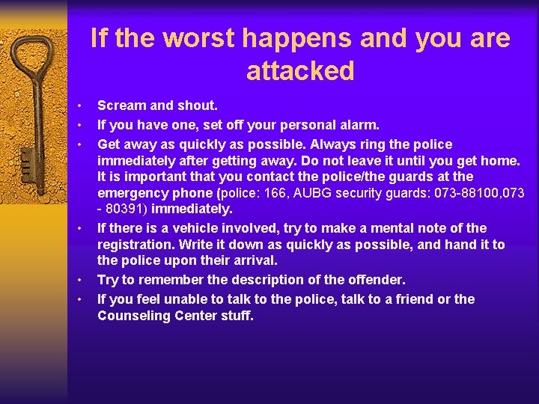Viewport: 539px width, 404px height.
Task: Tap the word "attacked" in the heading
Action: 299,72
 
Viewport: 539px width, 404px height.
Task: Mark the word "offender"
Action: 371,280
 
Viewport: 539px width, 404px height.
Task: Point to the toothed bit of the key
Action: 28,161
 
